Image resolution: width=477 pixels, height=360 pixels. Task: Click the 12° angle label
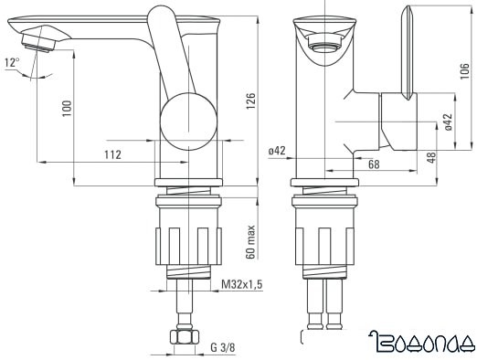coord(12,62)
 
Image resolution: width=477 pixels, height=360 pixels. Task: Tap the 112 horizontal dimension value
coord(112,154)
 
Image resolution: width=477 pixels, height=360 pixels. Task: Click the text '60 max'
coord(249,240)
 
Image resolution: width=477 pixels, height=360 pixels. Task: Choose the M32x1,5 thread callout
coord(241,285)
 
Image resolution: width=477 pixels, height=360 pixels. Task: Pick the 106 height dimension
coord(464,74)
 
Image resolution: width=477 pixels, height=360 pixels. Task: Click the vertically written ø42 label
coord(447,121)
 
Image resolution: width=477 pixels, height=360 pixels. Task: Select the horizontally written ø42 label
coord(277,151)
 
